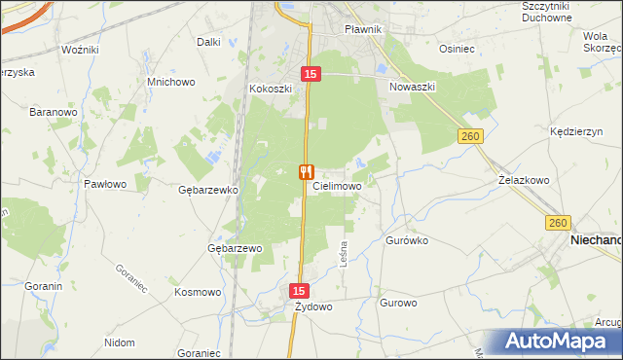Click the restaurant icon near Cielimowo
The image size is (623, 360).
307,172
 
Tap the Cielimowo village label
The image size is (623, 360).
338,186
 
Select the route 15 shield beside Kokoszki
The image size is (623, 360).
310,74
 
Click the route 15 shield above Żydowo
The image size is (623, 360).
299,291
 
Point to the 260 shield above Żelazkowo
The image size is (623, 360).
471,138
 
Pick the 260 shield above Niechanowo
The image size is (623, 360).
557,223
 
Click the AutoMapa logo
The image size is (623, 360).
559,342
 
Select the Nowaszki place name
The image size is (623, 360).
413,87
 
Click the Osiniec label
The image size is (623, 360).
457,49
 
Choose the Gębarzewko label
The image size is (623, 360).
209,191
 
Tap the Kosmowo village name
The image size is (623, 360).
198,292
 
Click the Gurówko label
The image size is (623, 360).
407,239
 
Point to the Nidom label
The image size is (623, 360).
119,342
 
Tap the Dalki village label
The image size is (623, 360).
208,42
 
